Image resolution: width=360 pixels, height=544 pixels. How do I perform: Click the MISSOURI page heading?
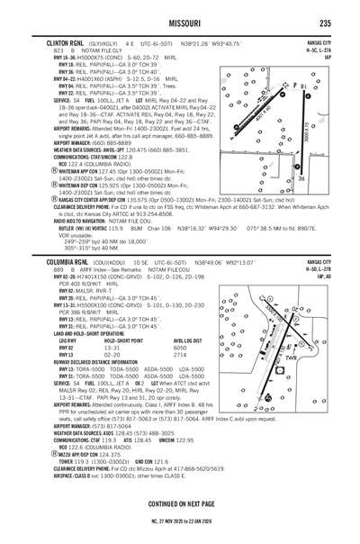(180, 23)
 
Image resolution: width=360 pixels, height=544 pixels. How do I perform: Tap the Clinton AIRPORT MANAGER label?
(55, 143)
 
